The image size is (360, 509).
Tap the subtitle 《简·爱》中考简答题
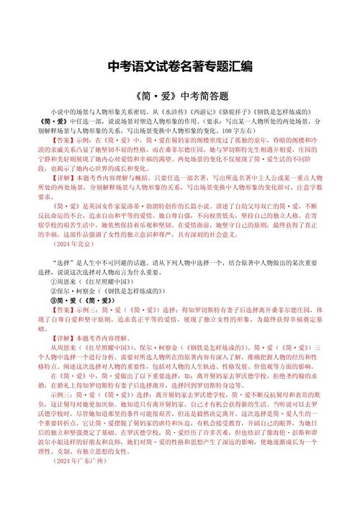[180, 95]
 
